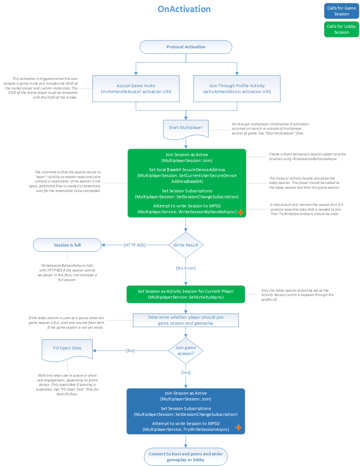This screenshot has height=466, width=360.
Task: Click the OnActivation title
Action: (x=184, y=9)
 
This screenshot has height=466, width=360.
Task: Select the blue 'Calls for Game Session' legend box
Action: (x=341, y=11)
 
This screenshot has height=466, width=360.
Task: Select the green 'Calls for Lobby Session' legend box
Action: (x=341, y=29)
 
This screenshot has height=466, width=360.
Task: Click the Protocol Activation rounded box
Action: (x=186, y=47)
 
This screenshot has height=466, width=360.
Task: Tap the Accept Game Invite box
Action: (x=136, y=89)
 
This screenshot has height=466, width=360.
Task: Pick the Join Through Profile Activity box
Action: (x=237, y=89)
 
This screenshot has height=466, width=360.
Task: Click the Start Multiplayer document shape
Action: (x=186, y=128)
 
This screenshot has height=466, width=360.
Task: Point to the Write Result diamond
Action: (x=186, y=245)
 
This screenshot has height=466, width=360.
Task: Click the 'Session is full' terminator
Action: (x=67, y=245)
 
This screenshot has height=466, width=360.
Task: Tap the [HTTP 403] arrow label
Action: (x=135, y=245)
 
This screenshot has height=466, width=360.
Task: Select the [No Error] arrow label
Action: (x=186, y=268)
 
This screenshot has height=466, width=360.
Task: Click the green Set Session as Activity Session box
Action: (x=186, y=294)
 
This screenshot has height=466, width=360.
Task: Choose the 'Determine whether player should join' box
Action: (x=186, y=320)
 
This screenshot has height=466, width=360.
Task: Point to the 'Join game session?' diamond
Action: (x=186, y=351)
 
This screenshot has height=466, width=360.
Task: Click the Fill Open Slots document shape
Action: (x=67, y=349)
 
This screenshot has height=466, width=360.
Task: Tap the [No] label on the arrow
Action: (x=130, y=351)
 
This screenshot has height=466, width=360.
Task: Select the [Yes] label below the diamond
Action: (x=186, y=373)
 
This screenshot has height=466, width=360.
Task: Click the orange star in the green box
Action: (x=240, y=212)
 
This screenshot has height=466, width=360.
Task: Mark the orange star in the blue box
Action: (x=238, y=428)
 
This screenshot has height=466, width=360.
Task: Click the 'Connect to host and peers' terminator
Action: (x=186, y=456)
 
